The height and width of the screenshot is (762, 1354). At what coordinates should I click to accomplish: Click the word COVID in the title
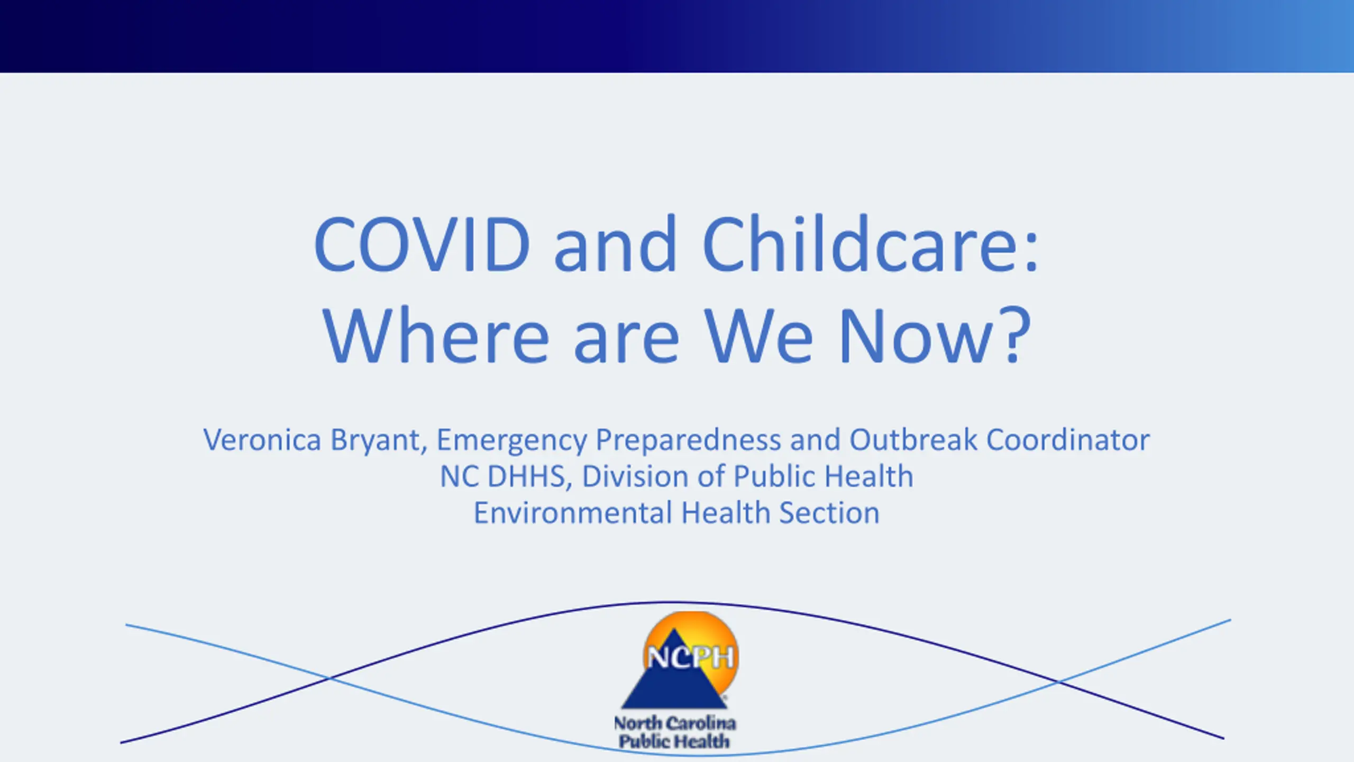[x=422, y=244]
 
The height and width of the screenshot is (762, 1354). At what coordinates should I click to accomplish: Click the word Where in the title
[x=436, y=335]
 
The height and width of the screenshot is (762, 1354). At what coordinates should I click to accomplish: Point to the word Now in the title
[x=915, y=337]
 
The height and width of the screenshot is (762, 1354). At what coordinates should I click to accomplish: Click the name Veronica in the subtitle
[x=262, y=440]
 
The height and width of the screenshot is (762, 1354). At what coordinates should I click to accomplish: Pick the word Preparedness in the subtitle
[x=688, y=440]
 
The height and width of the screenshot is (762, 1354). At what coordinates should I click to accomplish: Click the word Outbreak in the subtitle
[x=913, y=439]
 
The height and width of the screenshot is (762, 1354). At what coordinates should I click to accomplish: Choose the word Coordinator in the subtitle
[x=1068, y=439]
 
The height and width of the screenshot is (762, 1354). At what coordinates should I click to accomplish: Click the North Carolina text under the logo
[x=675, y=723]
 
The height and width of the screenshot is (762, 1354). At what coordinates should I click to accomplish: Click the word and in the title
[x=616, y=244]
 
